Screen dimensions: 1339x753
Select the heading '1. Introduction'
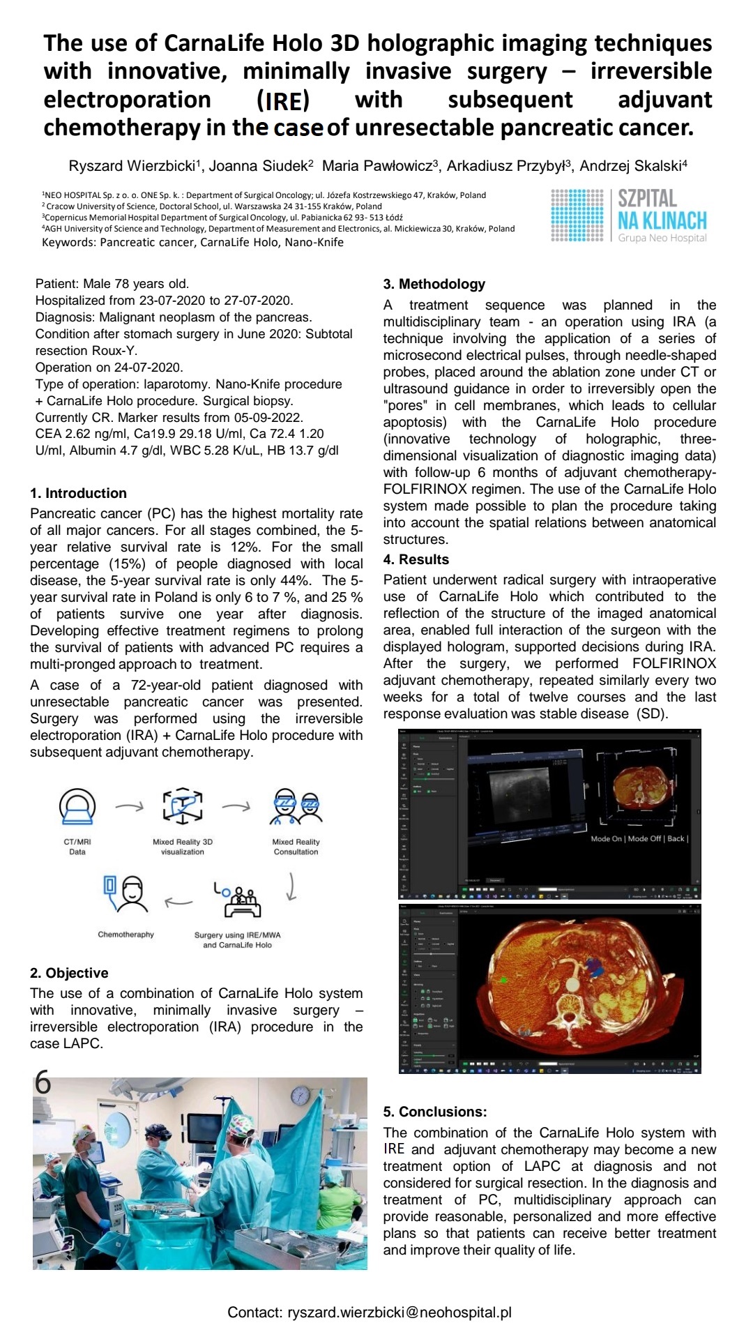click(78, 493)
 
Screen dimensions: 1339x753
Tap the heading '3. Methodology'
click(434, 284)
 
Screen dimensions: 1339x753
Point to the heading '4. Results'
click(416, 559)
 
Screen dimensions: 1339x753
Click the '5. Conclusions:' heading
click(434, 1112)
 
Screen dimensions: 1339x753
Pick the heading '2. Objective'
click(69, 973)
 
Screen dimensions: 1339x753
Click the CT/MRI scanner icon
click(77, 807)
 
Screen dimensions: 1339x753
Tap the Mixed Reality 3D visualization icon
click(183, 807)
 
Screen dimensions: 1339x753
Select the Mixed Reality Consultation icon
click(296, 808)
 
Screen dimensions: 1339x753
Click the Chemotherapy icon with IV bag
click(125, 895)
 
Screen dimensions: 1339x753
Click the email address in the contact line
click(400, 1312)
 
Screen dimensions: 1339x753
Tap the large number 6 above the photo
click(43, 1082)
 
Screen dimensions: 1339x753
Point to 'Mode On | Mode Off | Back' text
click(639, 838)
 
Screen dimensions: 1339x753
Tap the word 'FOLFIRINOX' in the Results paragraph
click(674, 663)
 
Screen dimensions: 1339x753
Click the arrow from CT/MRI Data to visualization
click(129, 807)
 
